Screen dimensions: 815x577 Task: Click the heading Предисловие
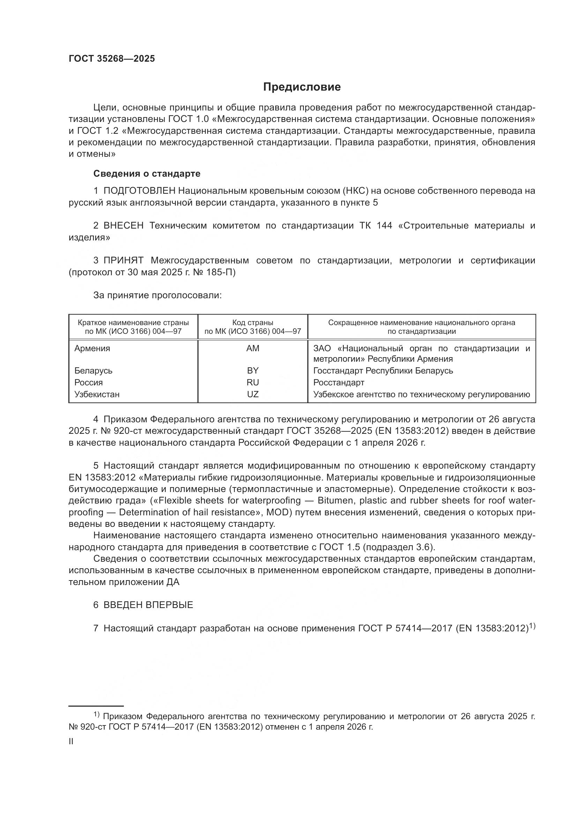[x=302, y=87]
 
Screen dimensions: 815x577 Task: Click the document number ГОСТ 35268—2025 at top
[x=112, y=59]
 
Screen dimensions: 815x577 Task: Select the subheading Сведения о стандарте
[x=147, y=174]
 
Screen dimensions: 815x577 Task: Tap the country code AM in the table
[x=253, y=348]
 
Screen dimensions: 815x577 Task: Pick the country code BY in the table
[x=253, y=371]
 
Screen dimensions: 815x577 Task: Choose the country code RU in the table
[x=253, y=382]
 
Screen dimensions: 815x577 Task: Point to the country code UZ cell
[x=253, y=394]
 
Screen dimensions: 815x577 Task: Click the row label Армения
[x=92, y=348]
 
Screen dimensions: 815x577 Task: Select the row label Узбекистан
[x=97, y=394]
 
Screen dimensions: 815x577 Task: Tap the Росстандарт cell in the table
[x=339, y=382]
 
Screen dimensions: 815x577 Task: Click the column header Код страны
[x=253, y=323]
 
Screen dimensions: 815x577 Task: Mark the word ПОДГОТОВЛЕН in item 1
[x=139, y=191]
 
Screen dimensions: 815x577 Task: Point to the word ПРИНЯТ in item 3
[x=123, y=261]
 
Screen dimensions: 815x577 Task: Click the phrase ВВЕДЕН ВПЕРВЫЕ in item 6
[x=148, y=605]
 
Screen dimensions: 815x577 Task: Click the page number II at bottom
[x=71, y=741]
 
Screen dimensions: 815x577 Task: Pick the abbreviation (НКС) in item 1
[x=355, y=191]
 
